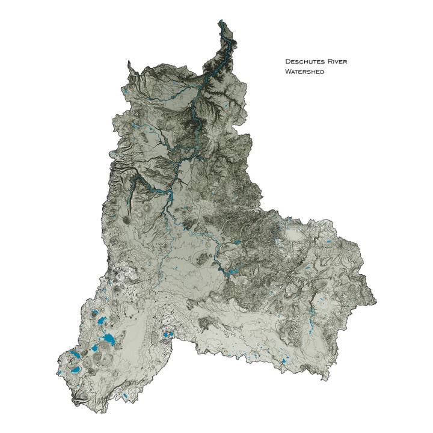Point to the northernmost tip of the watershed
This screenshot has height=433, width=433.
coord(221,21)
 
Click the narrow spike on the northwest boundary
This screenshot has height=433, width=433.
coord(128,61)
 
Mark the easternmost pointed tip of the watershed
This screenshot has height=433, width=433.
coord(376,299)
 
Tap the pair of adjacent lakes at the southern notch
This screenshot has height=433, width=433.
coord(168,334)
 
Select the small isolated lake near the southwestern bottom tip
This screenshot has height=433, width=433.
coord(123,395)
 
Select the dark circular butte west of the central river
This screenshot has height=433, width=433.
coord(126,220)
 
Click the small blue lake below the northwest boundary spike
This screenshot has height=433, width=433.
coord(124,91)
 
